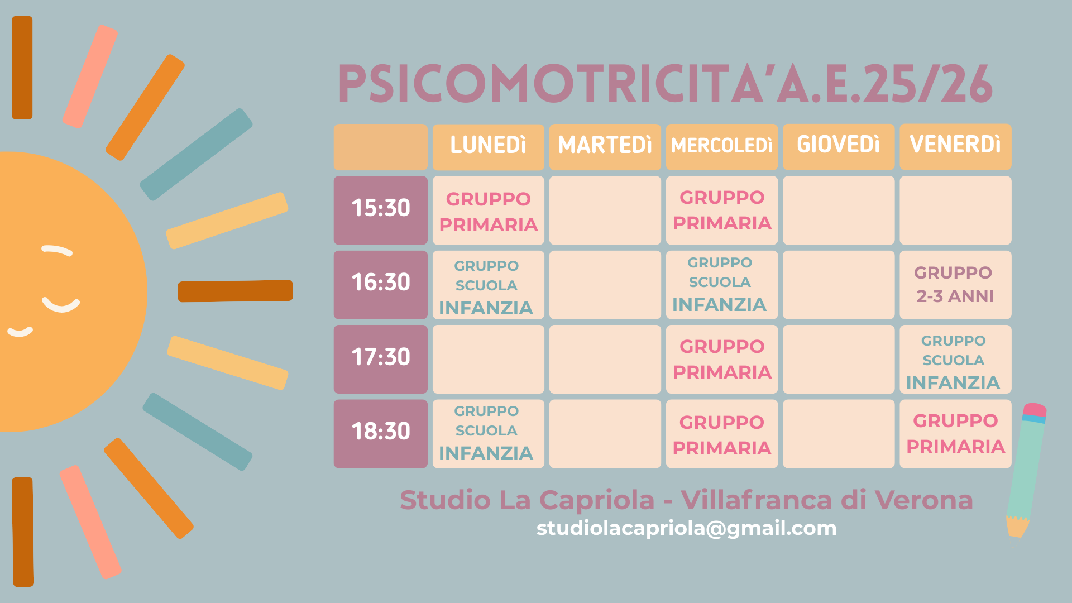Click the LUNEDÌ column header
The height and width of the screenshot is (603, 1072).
point(489,147)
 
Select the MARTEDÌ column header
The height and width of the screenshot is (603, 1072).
point(605,147)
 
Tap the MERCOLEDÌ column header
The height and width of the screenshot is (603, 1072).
point(722,147)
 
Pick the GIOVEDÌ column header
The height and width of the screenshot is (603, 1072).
point(839,147)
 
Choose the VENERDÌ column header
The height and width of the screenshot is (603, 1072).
point(955,147)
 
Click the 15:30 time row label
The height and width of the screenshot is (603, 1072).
point(381,210)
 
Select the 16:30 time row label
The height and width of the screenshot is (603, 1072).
point(381,285)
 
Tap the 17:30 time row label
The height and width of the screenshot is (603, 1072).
point(381,359)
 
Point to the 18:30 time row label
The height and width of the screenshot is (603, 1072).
point(381,433)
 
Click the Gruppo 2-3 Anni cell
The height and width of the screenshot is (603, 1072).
point(955,285)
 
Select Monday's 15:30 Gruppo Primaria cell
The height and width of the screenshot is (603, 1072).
point(489,210)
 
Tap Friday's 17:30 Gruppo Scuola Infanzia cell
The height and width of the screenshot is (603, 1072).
point(955,359)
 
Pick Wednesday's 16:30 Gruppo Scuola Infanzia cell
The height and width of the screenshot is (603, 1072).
point(722,285)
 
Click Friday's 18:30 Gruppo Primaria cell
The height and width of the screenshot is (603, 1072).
point(955,433)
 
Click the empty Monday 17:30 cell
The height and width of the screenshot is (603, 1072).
point(489,359)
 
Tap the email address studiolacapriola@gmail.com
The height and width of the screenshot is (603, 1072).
point(687,529)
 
